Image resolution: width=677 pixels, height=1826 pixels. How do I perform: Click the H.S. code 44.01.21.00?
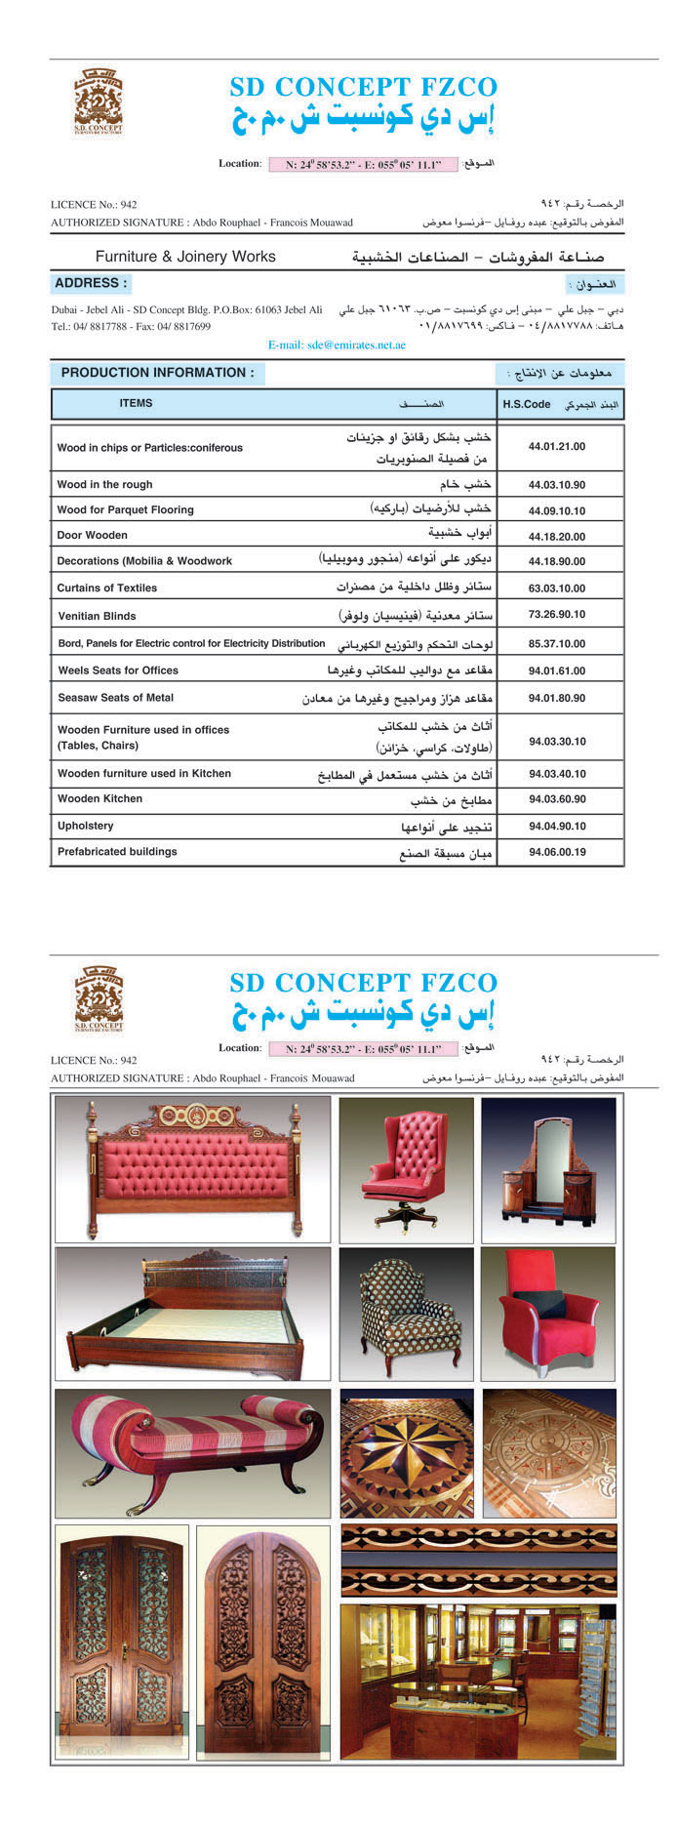point(556,446)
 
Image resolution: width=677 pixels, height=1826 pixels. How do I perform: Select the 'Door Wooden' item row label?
point(92,535)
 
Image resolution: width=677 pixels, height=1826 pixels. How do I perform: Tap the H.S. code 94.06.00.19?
point(556,852)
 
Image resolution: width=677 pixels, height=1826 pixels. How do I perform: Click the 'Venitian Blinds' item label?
point(97,616)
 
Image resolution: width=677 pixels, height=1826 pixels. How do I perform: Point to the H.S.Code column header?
point(527,403)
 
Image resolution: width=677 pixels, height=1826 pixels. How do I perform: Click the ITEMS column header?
point(136,403)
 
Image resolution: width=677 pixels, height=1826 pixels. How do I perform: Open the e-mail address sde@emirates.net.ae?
point(337,345)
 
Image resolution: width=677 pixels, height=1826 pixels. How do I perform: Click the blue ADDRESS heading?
point(90,283)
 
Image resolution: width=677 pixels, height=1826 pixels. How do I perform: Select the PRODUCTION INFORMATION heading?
point(157,372)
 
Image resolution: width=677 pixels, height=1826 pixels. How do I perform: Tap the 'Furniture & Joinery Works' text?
point(185,257)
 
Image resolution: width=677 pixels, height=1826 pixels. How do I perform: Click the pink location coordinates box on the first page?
point(363,165)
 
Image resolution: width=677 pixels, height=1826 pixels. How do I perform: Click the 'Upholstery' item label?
point(86,826)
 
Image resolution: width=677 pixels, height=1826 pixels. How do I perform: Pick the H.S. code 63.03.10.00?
point(556,588)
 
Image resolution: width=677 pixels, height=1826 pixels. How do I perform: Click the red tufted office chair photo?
point(407,1167)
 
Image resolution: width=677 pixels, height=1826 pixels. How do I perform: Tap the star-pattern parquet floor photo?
point(407,1453)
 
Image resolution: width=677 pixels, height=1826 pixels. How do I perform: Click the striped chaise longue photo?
point(193,1453)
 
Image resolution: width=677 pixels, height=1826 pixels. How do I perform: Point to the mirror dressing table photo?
point(548,1167)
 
